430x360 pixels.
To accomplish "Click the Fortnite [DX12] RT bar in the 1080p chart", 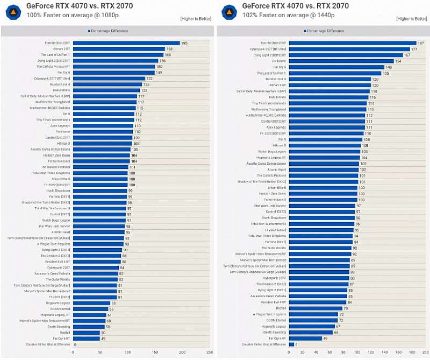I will (x=126, y=43).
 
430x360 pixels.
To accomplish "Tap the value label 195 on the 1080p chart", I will (x=184, y=43).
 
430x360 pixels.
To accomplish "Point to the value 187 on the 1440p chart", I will (x=421, y=43).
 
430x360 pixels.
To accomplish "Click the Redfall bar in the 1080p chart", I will (x=86, y=333).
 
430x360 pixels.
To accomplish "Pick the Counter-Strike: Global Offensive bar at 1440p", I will (x=291, y=344).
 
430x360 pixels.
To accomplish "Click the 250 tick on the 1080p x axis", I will (x=209, y=352).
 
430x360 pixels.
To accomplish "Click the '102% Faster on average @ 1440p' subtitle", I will (x=273, y=15).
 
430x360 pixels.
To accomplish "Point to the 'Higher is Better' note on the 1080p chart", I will (x=196, y=19).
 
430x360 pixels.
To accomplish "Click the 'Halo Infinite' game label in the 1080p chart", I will (x=61, y=90).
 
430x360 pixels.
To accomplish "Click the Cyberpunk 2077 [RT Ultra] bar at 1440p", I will (x=349, y=49).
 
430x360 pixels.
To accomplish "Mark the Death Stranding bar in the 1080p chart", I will (x=88, y=327).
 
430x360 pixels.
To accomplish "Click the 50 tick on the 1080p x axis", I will (x=100, y=352).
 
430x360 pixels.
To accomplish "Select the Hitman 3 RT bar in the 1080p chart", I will (x=118, y=49).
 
